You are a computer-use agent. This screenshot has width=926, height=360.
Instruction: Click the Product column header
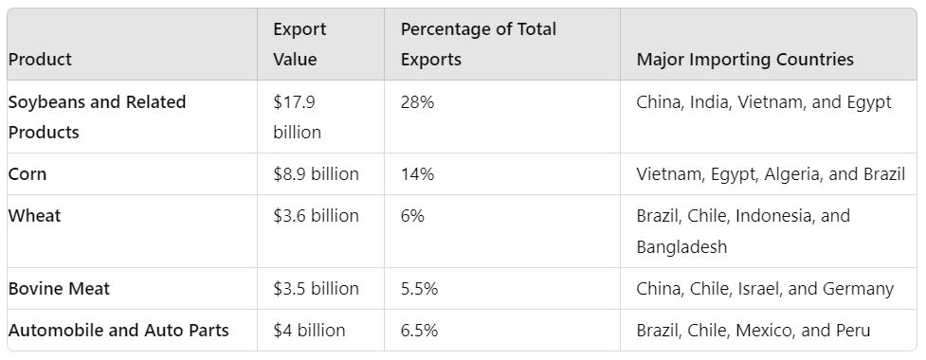(40, 59)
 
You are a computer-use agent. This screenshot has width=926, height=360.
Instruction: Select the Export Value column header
(300, 44)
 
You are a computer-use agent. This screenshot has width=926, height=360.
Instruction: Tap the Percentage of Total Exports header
(479, 44)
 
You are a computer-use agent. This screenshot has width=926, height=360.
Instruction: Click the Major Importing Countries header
(745, 59)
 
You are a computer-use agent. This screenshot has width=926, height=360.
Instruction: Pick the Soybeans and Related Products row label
(97, 117)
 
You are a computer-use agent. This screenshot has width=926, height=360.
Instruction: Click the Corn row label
(27, 174)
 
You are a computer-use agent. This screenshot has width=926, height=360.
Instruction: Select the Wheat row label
(34, 216)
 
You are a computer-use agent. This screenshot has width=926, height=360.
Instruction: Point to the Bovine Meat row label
(59, 289)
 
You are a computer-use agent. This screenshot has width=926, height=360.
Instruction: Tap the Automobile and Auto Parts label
(118, 331)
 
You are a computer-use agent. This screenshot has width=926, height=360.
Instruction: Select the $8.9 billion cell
(316, 174)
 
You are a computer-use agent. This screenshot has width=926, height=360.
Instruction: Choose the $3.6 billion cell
(316, 216)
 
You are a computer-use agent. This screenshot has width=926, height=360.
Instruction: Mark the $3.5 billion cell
(316, 289)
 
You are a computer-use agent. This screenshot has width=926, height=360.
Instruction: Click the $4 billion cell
(309, 331)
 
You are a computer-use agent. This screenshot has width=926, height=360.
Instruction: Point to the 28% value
(417, 102)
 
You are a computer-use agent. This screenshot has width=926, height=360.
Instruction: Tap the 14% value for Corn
(417, 174)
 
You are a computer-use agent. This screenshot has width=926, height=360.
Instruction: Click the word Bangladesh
(681, 247)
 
